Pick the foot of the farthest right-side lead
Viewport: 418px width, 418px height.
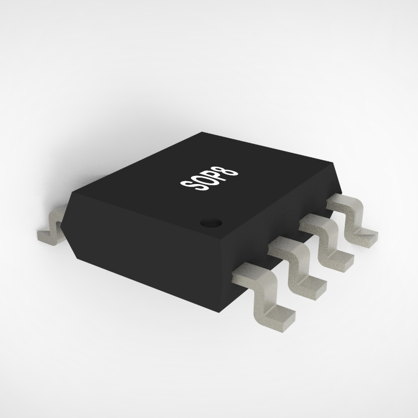tap(363, 238)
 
